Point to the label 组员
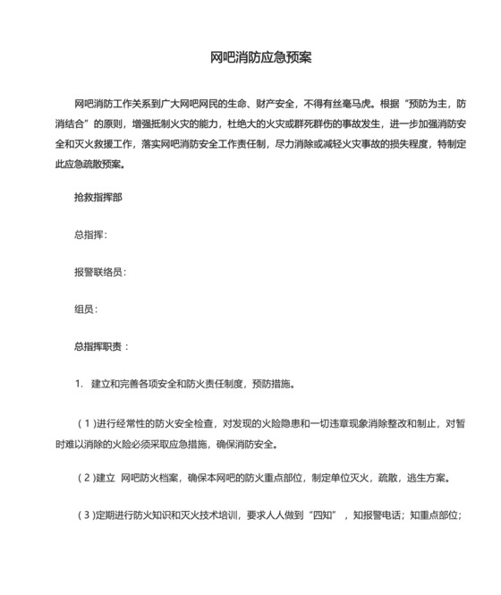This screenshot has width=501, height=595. (85, 309)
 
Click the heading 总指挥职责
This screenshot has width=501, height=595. (100, 346)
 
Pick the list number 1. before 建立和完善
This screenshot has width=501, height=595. (79, 385)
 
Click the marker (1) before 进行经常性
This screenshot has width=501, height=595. (87, 423)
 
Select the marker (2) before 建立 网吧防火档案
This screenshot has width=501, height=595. (87, 477)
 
